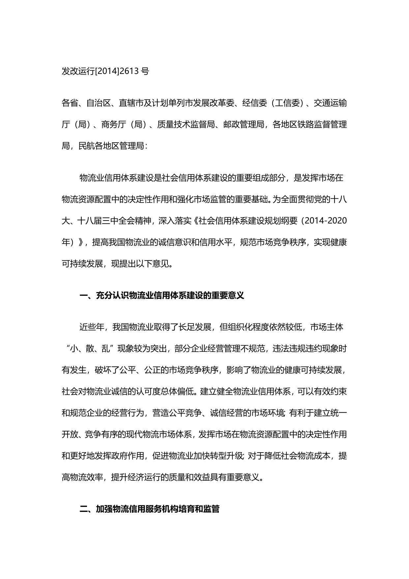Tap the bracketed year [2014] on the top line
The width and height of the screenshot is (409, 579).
pos(107,71)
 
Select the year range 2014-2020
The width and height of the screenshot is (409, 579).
pos(326,221)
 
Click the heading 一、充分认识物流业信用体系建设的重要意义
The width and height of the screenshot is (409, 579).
pos(162,295)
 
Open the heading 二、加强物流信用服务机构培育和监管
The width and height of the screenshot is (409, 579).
pos(150,509)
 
